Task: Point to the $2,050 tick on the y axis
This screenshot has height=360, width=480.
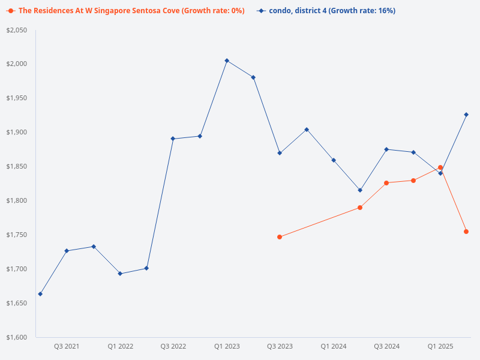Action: [x=17, y=30]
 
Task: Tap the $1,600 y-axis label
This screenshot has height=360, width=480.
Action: [x=17, y=337]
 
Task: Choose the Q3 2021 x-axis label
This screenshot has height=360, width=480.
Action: [x=67, y=346]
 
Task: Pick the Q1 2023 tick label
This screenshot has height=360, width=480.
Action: [x=227, y=346]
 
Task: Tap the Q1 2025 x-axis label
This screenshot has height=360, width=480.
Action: [x=440, y=346]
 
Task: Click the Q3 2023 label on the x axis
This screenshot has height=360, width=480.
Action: [x=280, y=346]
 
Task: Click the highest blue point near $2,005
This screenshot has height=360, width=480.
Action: [x=227, y=61]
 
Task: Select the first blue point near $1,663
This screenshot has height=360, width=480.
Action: [x=40, y=294]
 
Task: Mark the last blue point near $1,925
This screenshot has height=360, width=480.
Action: [x=466, y=115]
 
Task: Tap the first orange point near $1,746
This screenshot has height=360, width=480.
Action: [x=280, y=237]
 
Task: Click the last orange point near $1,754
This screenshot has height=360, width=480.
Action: [x=466, y=232]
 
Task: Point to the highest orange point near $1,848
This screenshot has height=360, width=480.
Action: [x=440, y=167]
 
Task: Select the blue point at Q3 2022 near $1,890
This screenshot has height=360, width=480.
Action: [x=173, y=139]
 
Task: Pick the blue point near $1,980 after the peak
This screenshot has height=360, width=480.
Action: [x=253, y=77]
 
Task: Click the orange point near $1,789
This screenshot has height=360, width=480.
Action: [x=360, y=208]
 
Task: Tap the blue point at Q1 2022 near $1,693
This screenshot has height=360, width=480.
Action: [x=120, y=274]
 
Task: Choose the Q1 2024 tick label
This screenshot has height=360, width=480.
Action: [x=334, y=346]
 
